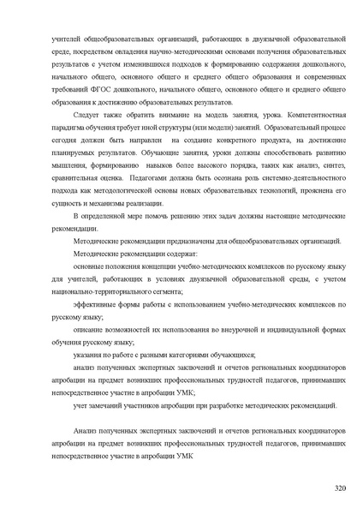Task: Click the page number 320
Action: pyautogui.click(x=340, y=488)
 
